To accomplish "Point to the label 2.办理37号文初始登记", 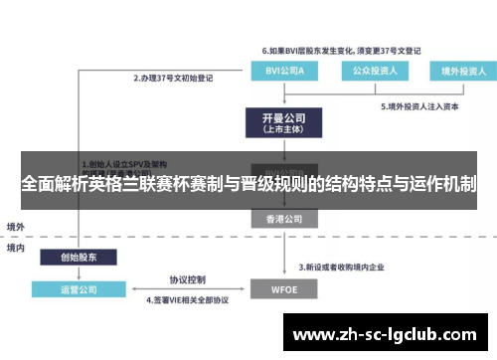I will point(175,77).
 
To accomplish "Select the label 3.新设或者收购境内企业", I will point(344,267).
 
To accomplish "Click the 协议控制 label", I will point(186,279).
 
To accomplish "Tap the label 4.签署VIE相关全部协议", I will point(188,299).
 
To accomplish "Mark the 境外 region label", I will point(17,226).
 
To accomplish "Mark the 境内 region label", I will point(17,247).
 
